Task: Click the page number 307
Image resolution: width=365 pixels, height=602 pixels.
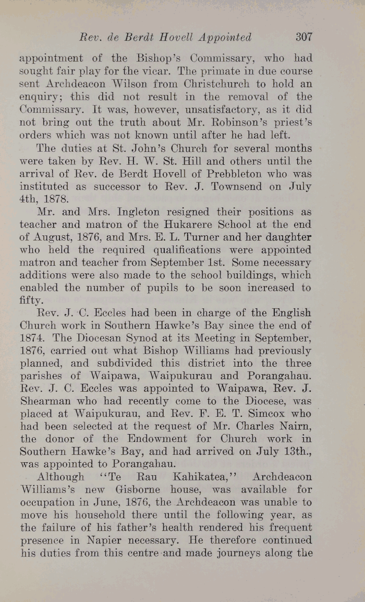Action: point(303,37)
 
